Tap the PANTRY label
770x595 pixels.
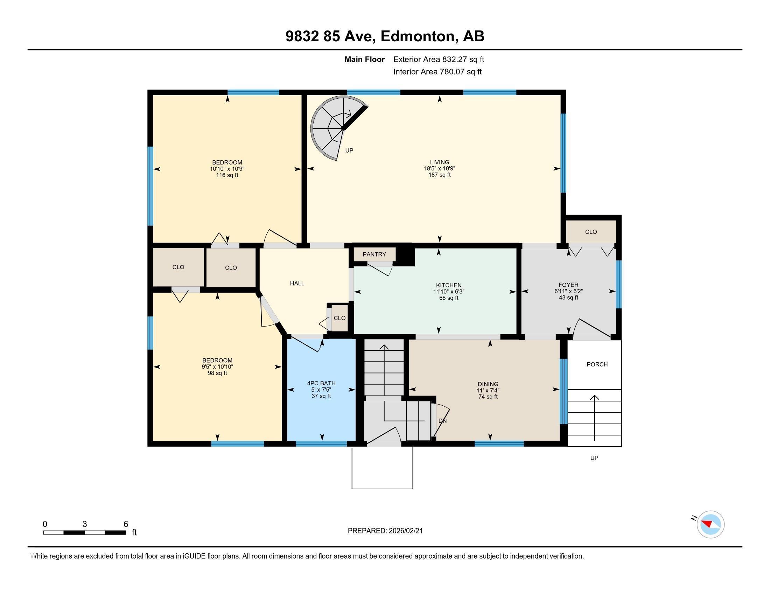[x=374, y=254]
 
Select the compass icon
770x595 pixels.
[x=710, y=525]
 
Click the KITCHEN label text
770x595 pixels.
[x=448, y=285]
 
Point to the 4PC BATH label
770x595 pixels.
[x=321, y=383]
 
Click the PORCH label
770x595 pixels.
[x=597, y=364]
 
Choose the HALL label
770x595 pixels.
[x=297, y=283]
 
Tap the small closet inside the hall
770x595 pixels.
[x=339, y=318]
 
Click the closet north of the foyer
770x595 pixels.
[x=591, y=232]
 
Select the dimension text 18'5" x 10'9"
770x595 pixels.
[x=439, y=168]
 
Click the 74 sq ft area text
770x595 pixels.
[x=488, y=397]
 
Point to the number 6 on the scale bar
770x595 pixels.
[x=126, y=524]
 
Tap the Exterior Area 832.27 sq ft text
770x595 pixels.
[x=438, y=59]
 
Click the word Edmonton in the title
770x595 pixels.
[x=417, y=36]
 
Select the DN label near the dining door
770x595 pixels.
[x=442, y=421]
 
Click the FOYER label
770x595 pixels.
[x=568, y=285]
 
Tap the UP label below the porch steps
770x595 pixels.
[x=594, y=458]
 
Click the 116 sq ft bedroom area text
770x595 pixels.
[x=227, y=175]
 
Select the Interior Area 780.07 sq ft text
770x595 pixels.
[x=437, y=71]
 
